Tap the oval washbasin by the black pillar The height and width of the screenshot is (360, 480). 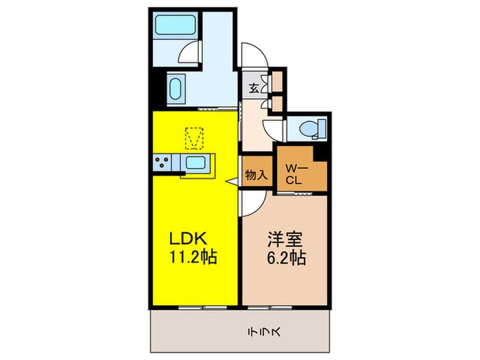coord(175,90)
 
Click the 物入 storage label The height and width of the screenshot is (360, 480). coord(256,175)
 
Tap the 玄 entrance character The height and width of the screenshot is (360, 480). coord(253,88)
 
